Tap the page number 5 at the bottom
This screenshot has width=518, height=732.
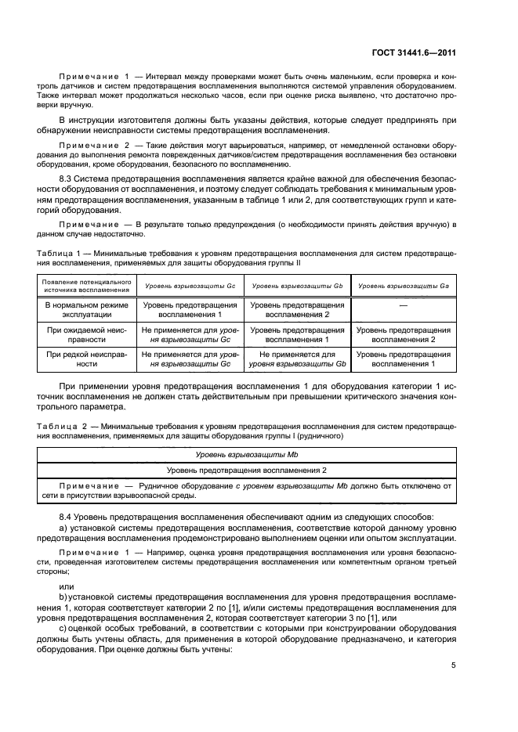[x=453, y=665]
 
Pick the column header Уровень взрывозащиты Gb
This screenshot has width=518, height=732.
[x=297, y=286]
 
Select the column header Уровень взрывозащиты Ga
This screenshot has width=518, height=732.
[x=403, y=286]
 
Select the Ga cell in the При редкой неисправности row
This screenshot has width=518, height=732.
[x=403, y=359]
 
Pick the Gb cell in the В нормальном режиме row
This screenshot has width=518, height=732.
[x=297, y=309]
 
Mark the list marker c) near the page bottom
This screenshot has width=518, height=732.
[x=63, y=629]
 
